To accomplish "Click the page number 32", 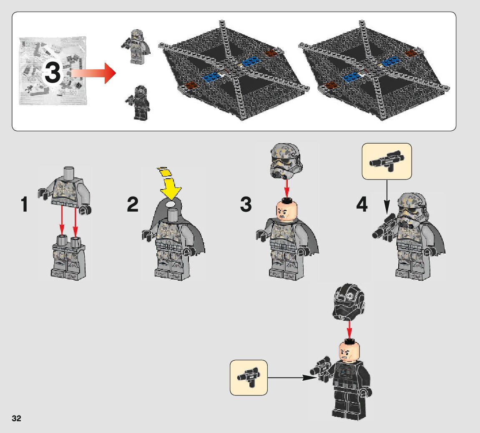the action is pyautogui.click(x=16, y=418).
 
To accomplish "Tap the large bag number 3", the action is pyautogui.click(x=53, y=73).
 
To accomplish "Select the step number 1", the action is pyautogui.click(x=24, y=205).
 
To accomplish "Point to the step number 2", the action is pyautogui.click(x=133, y=205).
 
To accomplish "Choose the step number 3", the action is pyautogui.click(x=246, y=205).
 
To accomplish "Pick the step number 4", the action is pyautogui.click(x=362, y=205).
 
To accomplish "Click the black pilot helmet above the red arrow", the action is pyautogui.click(x=348, y=302).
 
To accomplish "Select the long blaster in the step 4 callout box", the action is pyautogui.click(x=387, y=161).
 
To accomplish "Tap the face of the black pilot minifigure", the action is pyautogui.click(x=349, y=352).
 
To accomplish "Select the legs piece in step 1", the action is pyautogui.click(x=68, y=257).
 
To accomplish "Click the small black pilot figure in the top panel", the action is pyautogui.click(x=139, y=103).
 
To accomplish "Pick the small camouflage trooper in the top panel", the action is pyautogui.click(x=136, y=47).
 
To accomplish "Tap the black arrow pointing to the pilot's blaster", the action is pyautogui.click(x=292, y=377).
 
